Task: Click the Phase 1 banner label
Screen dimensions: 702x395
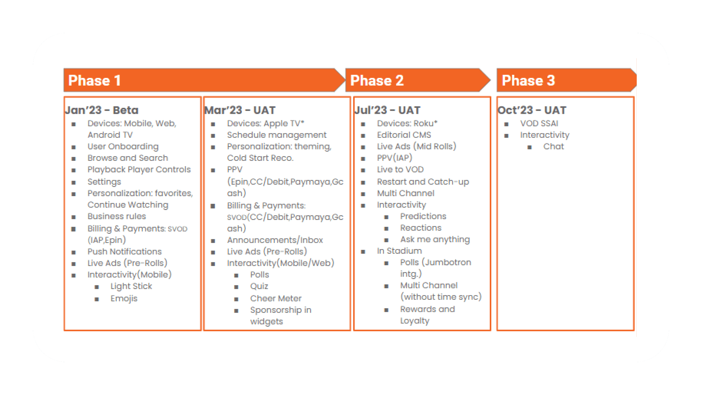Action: (94, 81)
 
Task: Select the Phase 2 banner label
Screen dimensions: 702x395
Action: (377, 81)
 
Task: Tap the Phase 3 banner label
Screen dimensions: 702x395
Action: (528, 81)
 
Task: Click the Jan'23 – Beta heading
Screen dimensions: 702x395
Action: (102, 110)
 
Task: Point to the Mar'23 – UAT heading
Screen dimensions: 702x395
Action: (240, 110)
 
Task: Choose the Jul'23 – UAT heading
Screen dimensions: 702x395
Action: (387, 110)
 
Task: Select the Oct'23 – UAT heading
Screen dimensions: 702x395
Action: (532, 110)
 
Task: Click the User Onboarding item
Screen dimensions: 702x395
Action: (123, 146)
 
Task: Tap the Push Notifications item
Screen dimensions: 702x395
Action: (124, 252)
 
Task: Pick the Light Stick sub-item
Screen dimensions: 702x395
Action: (131, 286)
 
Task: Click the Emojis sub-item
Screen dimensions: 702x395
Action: (124, 298)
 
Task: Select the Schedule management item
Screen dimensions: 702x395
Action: (277, 135)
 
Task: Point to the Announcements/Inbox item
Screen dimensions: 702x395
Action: (275, 240)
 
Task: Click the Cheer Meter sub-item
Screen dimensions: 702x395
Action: (276, 298)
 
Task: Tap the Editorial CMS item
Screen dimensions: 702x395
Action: (404, 135)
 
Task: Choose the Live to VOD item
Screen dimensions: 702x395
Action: (400, 170)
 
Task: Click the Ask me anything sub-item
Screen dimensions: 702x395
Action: (435, 239)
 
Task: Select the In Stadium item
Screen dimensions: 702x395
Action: (399, 251)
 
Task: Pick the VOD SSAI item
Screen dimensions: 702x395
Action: (539, 123)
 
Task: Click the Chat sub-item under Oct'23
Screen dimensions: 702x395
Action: (553, 146)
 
